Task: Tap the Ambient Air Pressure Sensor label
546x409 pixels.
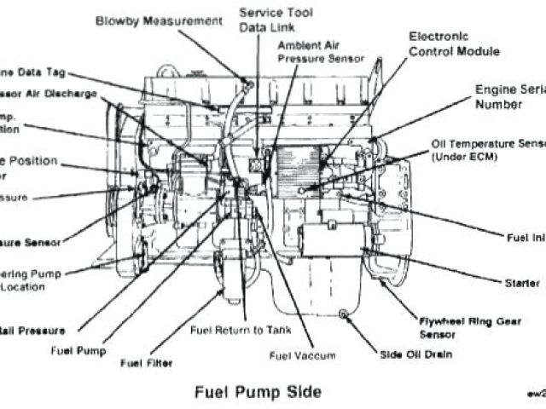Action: tap(321, 52)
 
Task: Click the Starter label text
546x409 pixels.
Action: tap(521, 282)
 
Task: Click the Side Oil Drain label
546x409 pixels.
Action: tap(418, 354)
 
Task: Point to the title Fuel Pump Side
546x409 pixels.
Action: tap(258, 392)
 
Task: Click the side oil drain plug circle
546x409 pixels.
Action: tap(344, 316)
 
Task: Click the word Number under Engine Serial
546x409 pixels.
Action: tap(499, 105)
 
